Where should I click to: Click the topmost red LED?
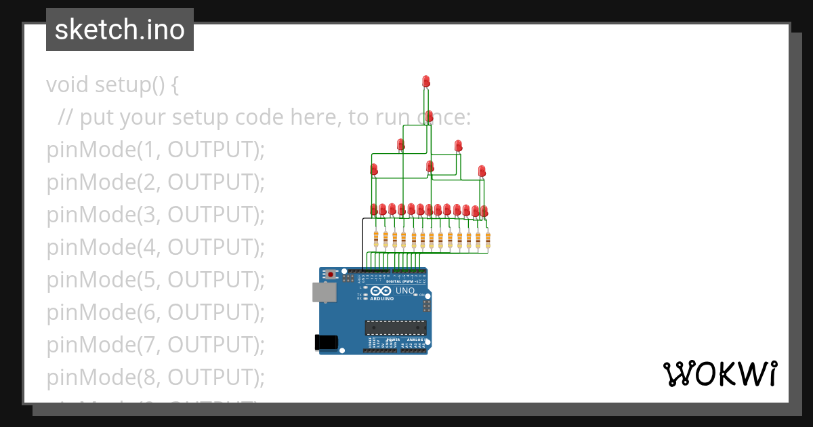click(426, 81)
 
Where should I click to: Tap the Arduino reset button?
click(331, 274)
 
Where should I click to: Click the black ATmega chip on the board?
click(396, 327)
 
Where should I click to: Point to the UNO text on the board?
click(405, 291)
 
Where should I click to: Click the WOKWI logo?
click(720, 374)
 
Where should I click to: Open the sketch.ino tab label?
click(120, 30)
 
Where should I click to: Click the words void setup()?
click(112, 85)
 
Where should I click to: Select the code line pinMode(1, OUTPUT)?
click(155, 150)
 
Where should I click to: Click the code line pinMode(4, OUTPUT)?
click(155, 247)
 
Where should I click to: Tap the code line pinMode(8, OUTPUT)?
click(155, 376)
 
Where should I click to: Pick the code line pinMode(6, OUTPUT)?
click(155, 312)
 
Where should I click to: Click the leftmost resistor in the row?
click(377, 238)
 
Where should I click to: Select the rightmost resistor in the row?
click(487, 239)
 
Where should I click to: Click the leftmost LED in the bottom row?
click(373, 209)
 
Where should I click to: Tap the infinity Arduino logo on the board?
click(383, 291)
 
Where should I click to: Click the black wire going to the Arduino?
click(362, 244)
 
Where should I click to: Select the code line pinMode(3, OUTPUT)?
click(155, 215)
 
